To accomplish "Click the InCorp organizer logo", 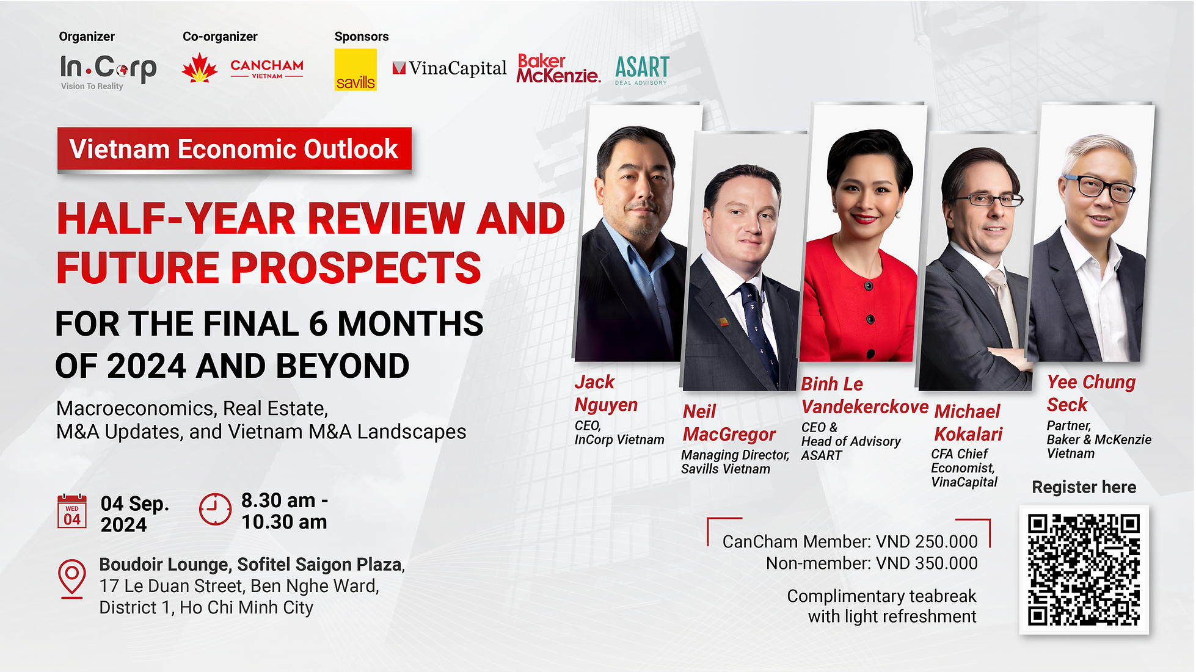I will pyautogui.click(x=108, y=70).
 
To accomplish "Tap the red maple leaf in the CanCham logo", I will pyautogui.click(x=199, y=68).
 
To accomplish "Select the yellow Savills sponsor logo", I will pyautogui.click(x=356, y=70).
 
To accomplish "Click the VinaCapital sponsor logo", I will pyautogui.click(x=450, y=68).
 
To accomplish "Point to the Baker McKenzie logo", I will pyautogui.click(x=558, y=68).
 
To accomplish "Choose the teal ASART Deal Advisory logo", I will pyautogui.click(x=641, y=70).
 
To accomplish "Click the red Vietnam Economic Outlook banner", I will pyautogui.click(x=234, y=149).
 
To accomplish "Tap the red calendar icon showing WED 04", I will pyautogui.click(x=72, y=511).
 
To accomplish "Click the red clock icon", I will pyautogui.click(x=215, y=509).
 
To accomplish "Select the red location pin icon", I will pyautogui.click(x=72, y=577).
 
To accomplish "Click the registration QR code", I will pyautogui.click(x=1084, y=569).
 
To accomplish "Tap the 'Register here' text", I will pyautogui.click(x=1084, y=487).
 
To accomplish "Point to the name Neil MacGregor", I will pyautogui.click(x=729, y=423).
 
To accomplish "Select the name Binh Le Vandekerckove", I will pyautogui.click(x=864, y=396).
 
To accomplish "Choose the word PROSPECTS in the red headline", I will pyautogui.click(x=356, y=269).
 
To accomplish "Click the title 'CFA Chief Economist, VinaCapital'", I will pyautogui.click(x=963, y=468).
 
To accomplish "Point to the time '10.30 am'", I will pyautogui.click(x=284, y=522).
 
